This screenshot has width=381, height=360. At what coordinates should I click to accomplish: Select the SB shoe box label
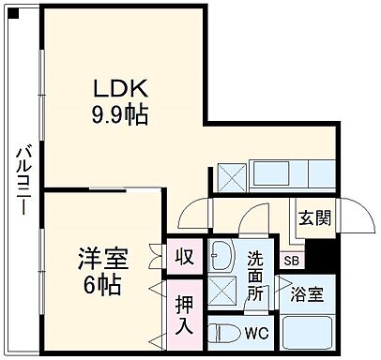tap(291, 260)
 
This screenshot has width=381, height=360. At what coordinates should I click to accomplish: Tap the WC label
tap(255, 332)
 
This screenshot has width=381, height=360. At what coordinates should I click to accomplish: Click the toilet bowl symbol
tap(220, 332)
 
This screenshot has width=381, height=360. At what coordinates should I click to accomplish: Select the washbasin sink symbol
tap(221, 254)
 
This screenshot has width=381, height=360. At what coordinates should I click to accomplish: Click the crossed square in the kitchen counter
tap(232, 175)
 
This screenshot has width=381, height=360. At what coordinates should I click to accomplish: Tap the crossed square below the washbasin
tap(222, 291)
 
